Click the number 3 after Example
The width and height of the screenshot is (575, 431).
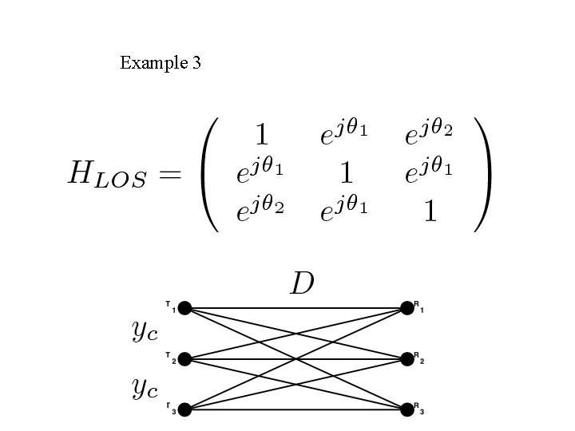(x=196, y=62)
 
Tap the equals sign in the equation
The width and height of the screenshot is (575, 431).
(x=169, y=174)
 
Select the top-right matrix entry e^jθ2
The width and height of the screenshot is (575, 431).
(x=430, y=133)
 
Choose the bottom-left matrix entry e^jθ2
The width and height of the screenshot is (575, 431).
(x=260, y=212)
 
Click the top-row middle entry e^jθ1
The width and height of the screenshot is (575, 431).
(x=344, y=133)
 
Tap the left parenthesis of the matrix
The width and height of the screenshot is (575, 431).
(x=212, y=174)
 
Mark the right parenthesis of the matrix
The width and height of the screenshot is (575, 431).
(x=482, y=174)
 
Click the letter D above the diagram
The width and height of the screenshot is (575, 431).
(x=301, y=283)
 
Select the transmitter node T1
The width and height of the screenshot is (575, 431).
(x=184, y=308)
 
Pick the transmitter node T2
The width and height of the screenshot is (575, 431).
(x=184, y=359)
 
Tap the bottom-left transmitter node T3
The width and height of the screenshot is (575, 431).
(x=184, y=410)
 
